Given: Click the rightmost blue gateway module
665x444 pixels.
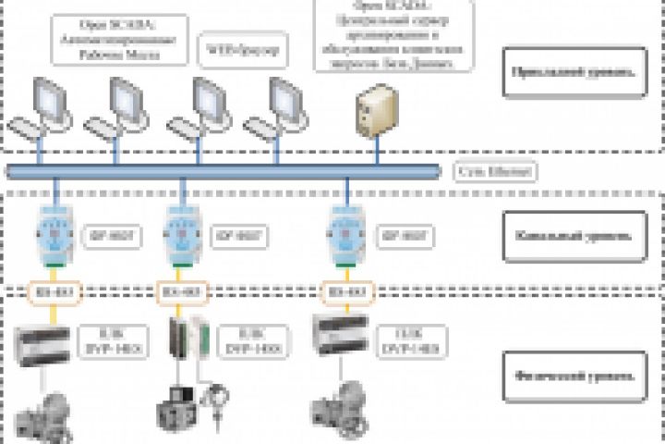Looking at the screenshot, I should [x=346, y=235].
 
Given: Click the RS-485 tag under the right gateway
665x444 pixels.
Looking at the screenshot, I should [x=346, y=294].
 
